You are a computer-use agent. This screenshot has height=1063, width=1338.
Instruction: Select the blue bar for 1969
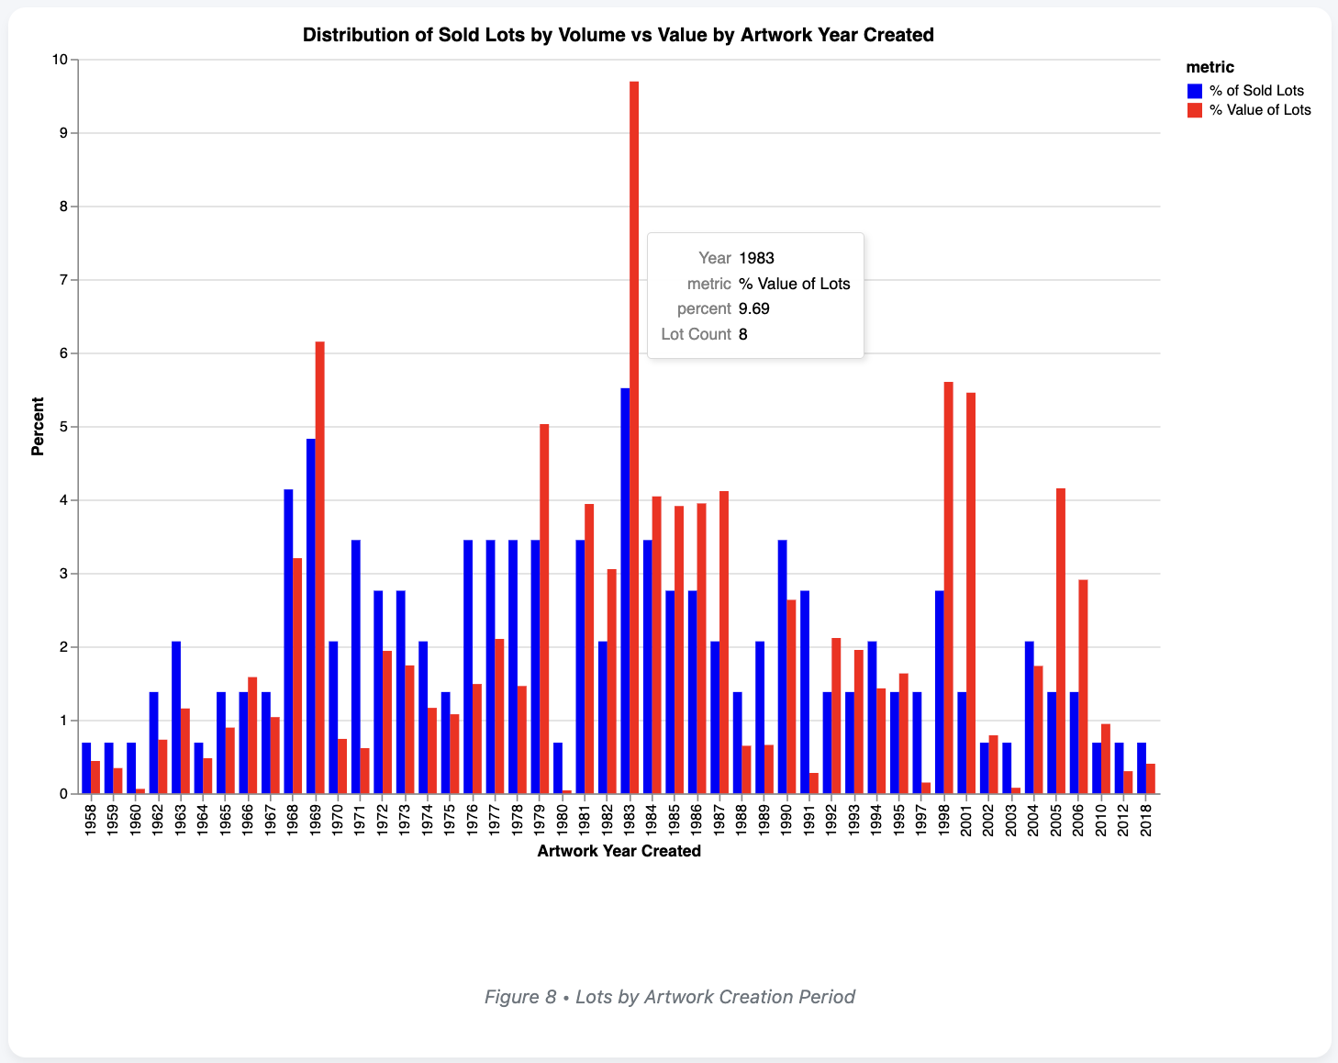[311, 616]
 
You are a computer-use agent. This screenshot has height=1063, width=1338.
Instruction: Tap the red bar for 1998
[949, 587]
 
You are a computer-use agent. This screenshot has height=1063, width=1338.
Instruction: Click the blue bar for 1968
[288, 642]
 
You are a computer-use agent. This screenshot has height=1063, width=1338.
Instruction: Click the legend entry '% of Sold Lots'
[1255, 91]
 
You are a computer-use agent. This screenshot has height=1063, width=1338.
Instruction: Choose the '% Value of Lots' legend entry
[1259, 110]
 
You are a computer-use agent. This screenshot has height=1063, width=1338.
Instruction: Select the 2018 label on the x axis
[1146, 820]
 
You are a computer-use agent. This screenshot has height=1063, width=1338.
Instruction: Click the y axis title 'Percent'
[38, 426]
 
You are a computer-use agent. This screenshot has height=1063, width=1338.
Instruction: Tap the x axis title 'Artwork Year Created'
[619, 851]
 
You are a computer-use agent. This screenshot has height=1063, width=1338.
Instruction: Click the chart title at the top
[618, 35]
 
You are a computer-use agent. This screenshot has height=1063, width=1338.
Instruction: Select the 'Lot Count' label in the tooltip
[696, 334]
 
